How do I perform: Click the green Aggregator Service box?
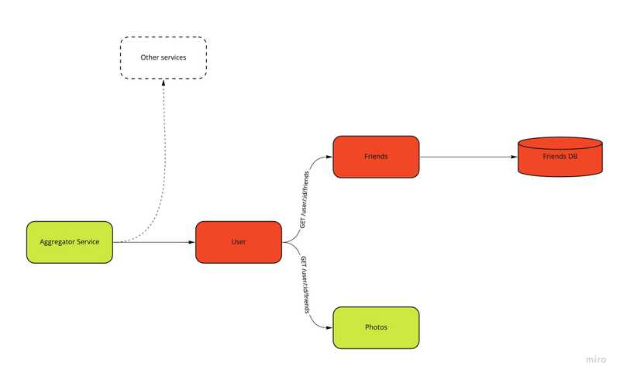(x=70, y=242)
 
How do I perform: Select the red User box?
(x=238, y=242)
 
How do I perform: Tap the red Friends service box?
(x=376, y=157)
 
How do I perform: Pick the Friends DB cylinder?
(x=560, y=157)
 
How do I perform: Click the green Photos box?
(x=376, y=327)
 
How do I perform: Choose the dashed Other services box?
(x=163, y=57)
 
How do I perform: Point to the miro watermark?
(x=595, y=359)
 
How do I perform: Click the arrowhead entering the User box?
(x=191, y=242)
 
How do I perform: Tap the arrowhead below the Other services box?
(x=164, y=83)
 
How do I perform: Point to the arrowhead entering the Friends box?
(x=329, y=157)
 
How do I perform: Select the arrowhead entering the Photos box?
(x=329, y=327)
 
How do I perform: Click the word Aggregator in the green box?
(x=57, y=242)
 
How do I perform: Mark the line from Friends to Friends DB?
(x=465, y=157)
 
